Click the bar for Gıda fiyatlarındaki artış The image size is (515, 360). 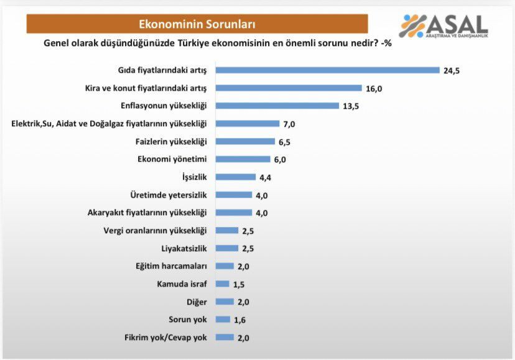pyautogui.click(x=327, y=70)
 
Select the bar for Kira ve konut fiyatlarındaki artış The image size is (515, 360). pyautogui.click(x=289, y=88)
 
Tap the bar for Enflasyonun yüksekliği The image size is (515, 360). pyautogui.click(x=277, y=106)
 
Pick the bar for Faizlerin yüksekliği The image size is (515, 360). pyautogui.click(x=244, y=142)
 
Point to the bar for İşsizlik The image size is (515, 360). pyautogui.click(x=235, y=177)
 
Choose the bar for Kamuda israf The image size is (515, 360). pyautogui.click(x=222, y=284)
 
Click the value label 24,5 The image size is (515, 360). pyautogui.click(x=452, y=70)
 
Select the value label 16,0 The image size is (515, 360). pyautogui.click(x=374, y=88)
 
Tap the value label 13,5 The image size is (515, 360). pyautogui.click(x=351, y=106)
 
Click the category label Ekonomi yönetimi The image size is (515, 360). pyautogui.click(x=171, y=159)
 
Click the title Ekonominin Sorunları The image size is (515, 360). pyautogui.click(x=197, y=24)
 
